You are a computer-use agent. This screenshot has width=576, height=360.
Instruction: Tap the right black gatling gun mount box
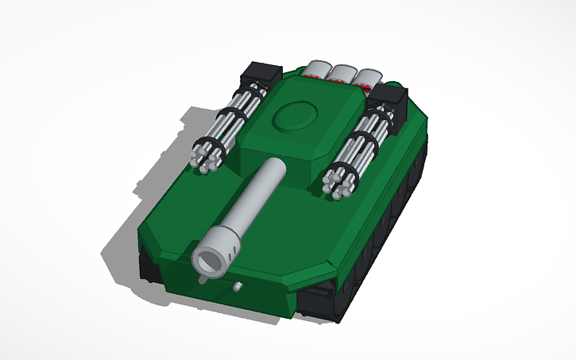point(389,99)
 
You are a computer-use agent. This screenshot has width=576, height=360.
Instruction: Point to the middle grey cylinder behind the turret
point(343,73)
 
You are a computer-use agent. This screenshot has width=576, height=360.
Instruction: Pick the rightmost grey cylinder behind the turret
point(368,77)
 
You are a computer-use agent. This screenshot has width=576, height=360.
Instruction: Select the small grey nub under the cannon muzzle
point(205,279)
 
